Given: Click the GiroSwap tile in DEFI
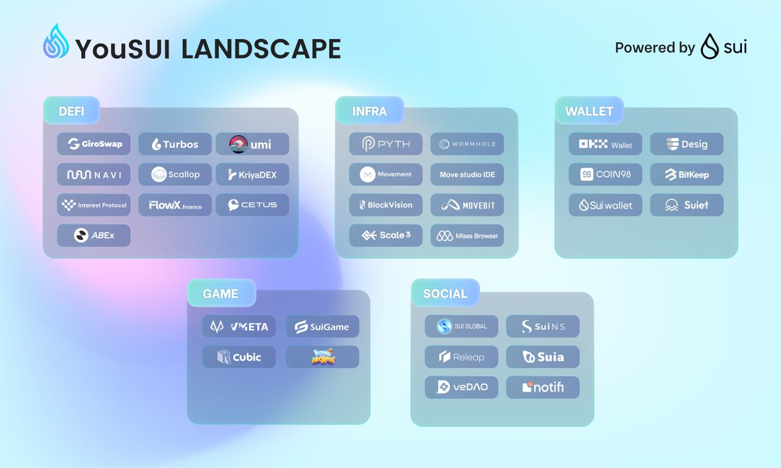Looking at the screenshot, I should pos(94,144).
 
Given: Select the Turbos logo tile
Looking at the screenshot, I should pos(175,144).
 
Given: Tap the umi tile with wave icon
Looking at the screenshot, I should pos(253,144).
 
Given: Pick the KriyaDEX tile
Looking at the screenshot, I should pos(253,175).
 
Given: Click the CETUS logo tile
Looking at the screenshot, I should pos(253,205).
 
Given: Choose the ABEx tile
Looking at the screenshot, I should pos(94,235).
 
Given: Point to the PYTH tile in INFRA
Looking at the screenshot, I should pos(386,144).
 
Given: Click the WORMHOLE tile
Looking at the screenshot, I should pos(467,144).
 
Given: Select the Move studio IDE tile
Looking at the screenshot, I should pos(467,175).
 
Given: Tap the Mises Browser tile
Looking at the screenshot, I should pos(467,235).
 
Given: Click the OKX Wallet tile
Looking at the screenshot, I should pos(605,144).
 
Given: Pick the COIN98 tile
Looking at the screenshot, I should pos(605,175).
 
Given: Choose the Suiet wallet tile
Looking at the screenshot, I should pos(687,205).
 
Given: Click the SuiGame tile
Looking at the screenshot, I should pos(322,327).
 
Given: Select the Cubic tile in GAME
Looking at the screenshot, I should pos(239,357).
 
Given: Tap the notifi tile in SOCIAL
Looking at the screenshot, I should pos(543,388).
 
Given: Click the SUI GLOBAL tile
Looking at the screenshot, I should pos(461,327).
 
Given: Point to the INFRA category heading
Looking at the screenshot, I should pos(369,111).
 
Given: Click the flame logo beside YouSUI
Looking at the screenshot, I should pos(56,44).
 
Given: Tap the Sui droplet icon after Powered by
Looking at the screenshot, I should pos(709,48).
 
